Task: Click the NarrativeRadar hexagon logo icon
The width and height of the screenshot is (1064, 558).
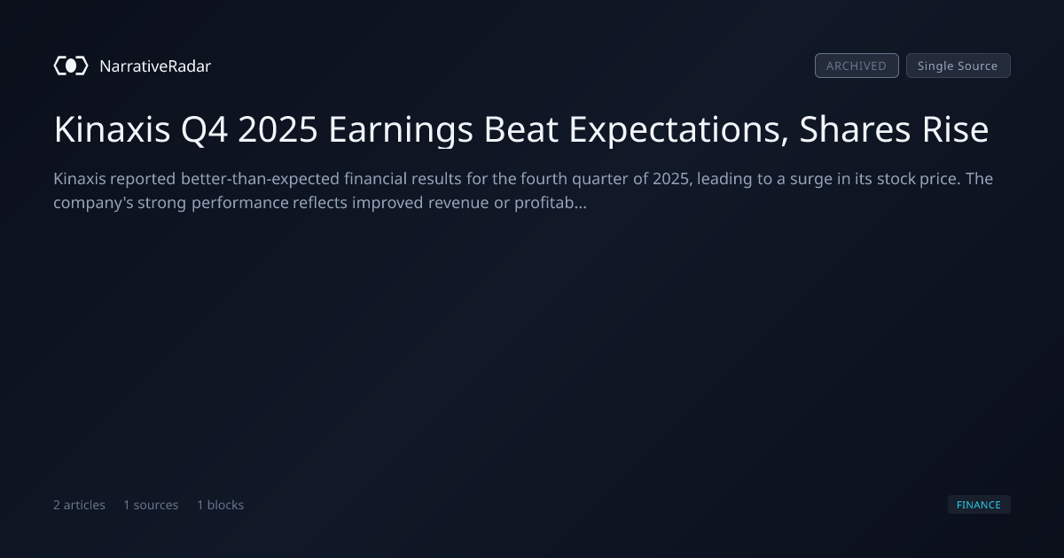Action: (71, 66)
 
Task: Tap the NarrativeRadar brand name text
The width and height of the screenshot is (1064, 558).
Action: (155, 66)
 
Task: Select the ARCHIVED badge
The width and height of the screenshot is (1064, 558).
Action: (857, 66)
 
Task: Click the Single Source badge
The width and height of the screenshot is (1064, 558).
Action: (958, 66)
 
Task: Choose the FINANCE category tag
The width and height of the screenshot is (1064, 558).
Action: (979, 504)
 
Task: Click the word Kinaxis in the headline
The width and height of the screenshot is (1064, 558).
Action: (112, 129)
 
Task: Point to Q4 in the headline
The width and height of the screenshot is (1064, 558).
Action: (204, 130)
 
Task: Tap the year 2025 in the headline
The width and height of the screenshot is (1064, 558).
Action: (278, 129)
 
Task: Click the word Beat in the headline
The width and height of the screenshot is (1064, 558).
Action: (520, 129)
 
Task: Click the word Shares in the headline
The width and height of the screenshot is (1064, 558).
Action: (855, 129)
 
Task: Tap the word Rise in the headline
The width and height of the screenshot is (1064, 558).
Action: (955, 129)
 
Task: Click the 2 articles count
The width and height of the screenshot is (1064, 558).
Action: (79, 505)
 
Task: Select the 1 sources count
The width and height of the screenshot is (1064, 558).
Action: (151, 505)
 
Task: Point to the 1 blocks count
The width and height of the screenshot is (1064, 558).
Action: (221, 505)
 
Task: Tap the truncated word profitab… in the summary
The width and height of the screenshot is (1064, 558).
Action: (551, 203)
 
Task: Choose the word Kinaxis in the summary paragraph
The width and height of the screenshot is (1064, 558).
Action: (79, 179)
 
